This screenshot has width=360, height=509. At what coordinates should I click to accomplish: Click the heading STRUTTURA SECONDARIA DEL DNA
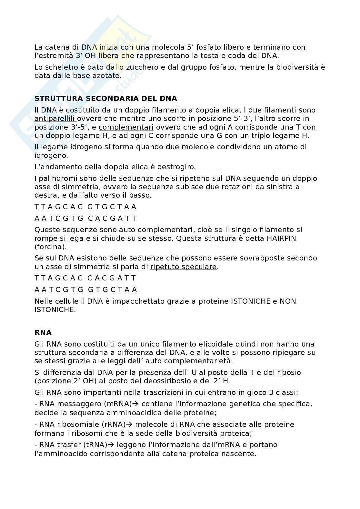click(106, 98)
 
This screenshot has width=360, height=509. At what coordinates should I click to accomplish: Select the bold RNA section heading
click(43, 332)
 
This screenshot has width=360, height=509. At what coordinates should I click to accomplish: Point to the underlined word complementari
click(126, 127)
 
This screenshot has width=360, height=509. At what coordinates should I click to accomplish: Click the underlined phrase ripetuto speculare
click(183, 267)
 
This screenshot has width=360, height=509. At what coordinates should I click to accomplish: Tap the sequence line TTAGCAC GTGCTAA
click(85, 207)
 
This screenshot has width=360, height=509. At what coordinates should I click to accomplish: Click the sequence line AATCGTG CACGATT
click(86, 218)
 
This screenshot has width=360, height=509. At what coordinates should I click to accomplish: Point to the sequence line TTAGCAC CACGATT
click(85, 278)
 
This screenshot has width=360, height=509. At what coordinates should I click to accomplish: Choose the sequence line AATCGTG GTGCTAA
click(86, 289)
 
